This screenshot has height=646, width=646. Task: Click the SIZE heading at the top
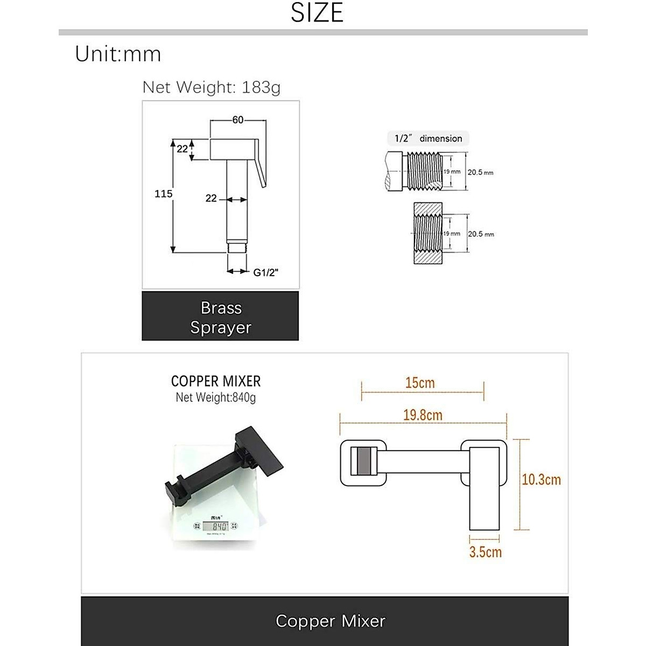coord(317,13)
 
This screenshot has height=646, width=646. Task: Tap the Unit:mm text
coord(118,54)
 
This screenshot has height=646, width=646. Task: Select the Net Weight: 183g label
coord(211,87)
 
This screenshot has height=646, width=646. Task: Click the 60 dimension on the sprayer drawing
coord(237,120)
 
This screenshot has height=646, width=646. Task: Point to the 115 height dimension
coord(163,194)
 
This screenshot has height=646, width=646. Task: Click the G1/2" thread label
coord(265,272)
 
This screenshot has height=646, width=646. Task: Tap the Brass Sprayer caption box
coord(220,317)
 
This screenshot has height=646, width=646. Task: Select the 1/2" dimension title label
coord(428,138)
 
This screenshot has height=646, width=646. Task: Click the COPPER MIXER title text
coord(215,381)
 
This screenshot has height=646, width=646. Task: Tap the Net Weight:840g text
coord(215,398)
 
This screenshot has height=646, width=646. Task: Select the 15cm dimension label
coord(420,383)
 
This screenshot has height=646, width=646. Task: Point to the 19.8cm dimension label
coord(423,415)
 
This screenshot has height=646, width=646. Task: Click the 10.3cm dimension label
coord(541,479)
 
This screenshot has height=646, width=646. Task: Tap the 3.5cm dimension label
coord(485,552)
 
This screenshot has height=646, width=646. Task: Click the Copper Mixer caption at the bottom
coord(330,621)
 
